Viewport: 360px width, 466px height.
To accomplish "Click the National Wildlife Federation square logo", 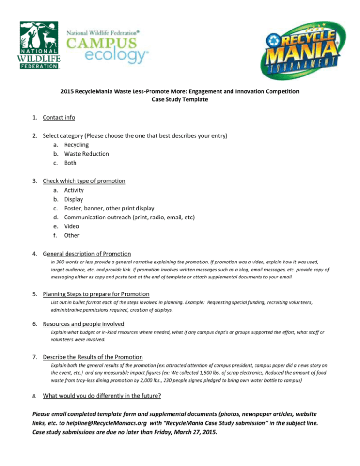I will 39,45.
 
